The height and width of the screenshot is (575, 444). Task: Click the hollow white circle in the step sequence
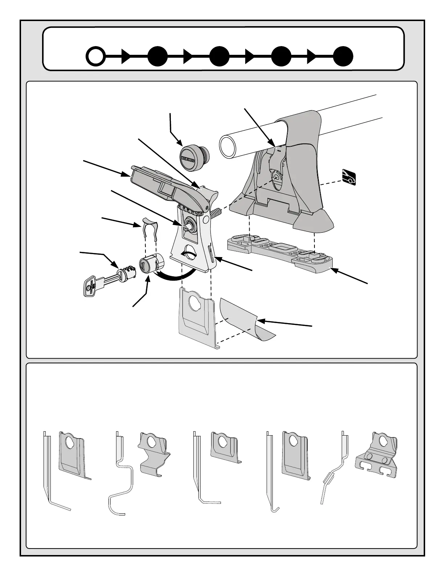pyautogui.click(x=96, y=57)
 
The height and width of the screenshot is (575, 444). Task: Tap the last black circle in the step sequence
pyautogui.click(x=343, y=57)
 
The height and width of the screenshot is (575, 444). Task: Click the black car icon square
pyautogui.click(x=349, y=177)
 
